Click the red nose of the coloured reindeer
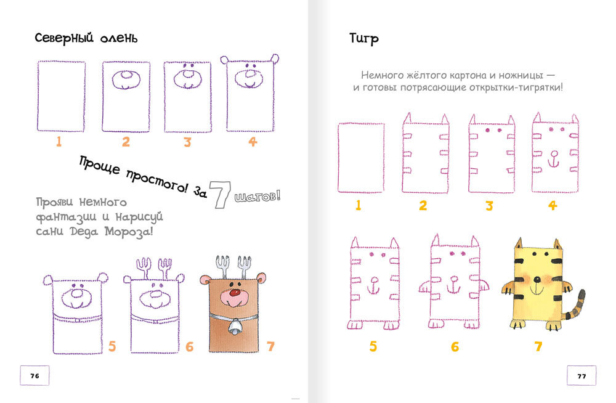235,293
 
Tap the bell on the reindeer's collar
235,327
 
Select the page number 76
34,376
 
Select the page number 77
582,376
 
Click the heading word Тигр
364,39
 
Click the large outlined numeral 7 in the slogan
220,194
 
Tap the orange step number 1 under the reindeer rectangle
59,142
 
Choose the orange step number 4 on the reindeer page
253,142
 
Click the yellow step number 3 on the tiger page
489,206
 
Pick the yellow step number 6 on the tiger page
455,347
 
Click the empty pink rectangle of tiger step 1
361,158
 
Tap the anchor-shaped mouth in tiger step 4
554,159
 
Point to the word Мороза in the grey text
129,231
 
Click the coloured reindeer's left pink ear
205,280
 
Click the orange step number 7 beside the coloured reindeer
270,346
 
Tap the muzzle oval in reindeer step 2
126,80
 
